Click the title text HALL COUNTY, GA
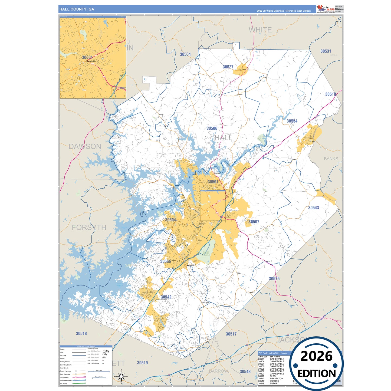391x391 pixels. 77,9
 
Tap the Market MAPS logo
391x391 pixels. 326,9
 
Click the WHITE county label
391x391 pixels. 260,30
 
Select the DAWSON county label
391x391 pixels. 85,146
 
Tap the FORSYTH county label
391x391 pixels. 89,227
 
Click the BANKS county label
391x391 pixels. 331,159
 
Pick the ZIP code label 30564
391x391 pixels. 185,54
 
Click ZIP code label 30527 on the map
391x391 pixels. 228,67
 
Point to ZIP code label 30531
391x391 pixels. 326,51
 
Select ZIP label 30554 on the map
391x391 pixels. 292,121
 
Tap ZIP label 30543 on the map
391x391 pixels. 314,208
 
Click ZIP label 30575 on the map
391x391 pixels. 274,278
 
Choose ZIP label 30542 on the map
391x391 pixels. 166,297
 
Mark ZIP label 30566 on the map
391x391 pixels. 165,261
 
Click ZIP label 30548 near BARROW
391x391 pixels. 245,372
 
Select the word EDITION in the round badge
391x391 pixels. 316,374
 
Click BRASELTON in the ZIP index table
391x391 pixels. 276,379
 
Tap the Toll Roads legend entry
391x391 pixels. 63,383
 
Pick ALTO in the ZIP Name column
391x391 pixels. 273,376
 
